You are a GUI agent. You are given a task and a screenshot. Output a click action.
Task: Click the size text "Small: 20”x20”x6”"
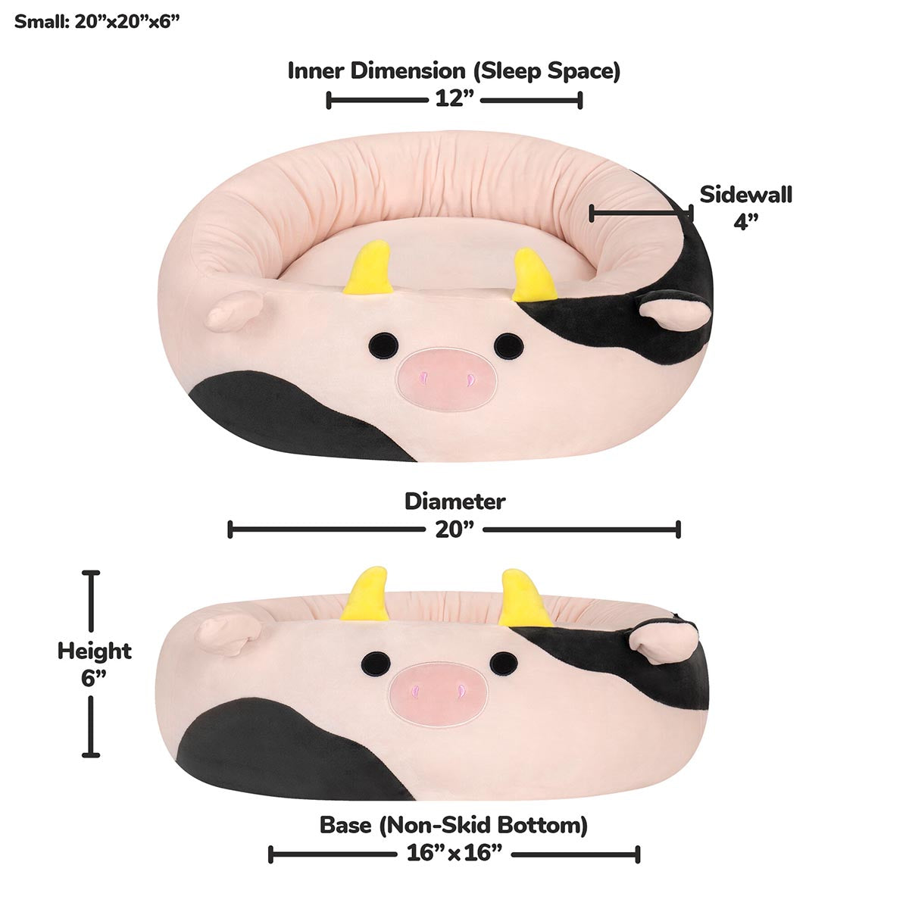point(96,21)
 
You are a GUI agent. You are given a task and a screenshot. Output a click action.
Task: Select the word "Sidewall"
point(745,195)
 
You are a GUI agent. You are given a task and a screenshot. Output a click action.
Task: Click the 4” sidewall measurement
point(745,221)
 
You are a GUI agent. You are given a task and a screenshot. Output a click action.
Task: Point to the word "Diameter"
point(454,501)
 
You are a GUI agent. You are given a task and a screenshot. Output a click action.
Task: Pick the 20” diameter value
point(454,529)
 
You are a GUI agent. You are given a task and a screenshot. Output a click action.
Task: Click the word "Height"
point(95,651)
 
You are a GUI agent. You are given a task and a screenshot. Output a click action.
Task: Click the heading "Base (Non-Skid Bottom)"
point(453,825)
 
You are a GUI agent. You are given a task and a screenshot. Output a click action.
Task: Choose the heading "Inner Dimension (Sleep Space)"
point(454,71)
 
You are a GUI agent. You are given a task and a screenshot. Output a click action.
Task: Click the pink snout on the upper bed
point(446,378)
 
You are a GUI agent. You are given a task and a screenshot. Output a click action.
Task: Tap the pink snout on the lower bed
point(439,694)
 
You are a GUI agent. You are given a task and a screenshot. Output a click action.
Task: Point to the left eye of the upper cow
point(383,345)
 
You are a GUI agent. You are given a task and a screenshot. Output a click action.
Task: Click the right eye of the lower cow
point(503,664)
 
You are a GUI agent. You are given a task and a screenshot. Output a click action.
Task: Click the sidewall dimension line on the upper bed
point(640,214)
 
